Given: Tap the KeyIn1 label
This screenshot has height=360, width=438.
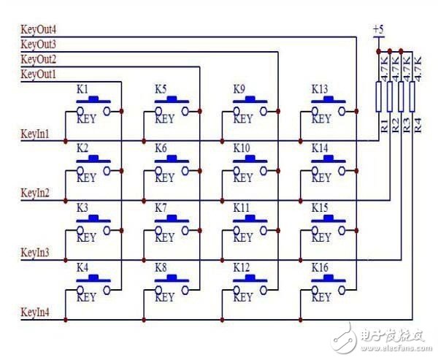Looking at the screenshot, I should (35, 134).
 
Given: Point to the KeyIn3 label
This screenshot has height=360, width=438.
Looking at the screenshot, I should (35, 253).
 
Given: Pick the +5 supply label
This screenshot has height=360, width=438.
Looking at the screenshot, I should (377, 29).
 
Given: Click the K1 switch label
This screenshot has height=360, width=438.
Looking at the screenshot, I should (82, 89).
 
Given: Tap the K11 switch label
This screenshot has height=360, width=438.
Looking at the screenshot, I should (242, 208).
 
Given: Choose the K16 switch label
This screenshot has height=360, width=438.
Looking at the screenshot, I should (320, 267).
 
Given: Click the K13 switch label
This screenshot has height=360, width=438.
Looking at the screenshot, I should (320, 89).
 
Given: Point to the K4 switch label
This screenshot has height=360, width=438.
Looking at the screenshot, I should (82, 267).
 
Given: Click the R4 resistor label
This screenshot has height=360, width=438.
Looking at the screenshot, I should (418, 124).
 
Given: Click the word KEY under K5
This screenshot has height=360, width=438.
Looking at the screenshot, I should (165, 119).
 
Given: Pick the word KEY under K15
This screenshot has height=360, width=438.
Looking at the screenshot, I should (322, 238).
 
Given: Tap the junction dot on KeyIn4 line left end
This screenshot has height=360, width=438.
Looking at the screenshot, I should (65, 320).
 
